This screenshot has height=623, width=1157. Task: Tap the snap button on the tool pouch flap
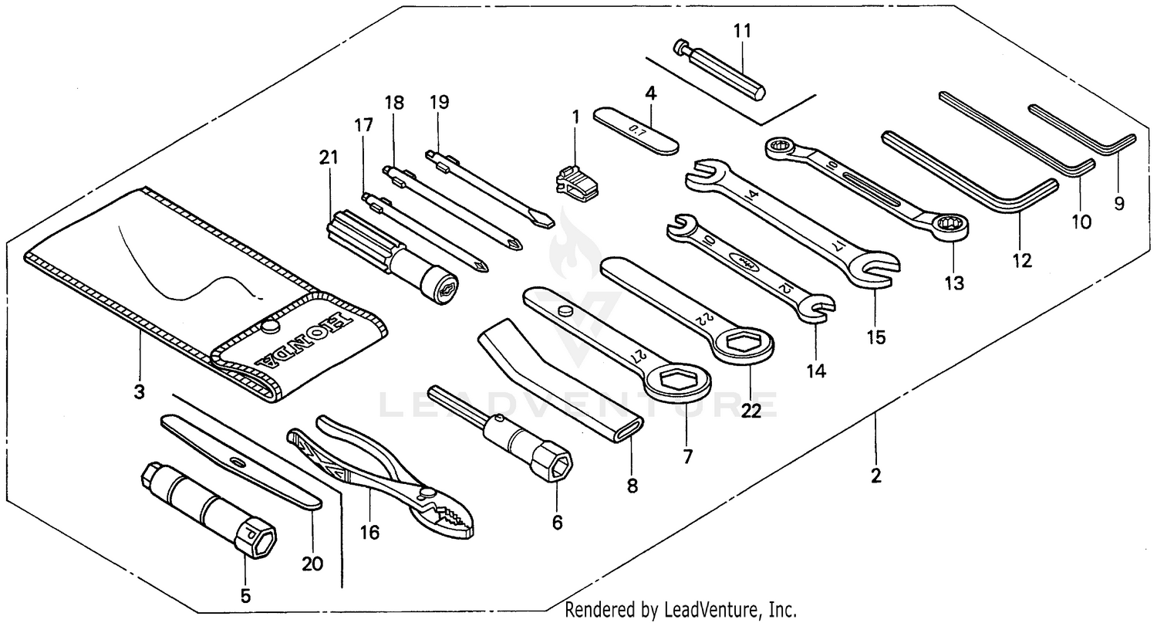(269, 327)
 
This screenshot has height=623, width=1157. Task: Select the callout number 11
(742, 31)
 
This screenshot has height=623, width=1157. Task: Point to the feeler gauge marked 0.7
(636, 130)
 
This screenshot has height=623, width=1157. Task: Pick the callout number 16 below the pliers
(370, 533)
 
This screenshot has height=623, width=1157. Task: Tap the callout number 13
(954, 283)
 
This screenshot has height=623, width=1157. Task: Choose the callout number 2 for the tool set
(875, 476)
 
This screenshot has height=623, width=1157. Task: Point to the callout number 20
(312, 564)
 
